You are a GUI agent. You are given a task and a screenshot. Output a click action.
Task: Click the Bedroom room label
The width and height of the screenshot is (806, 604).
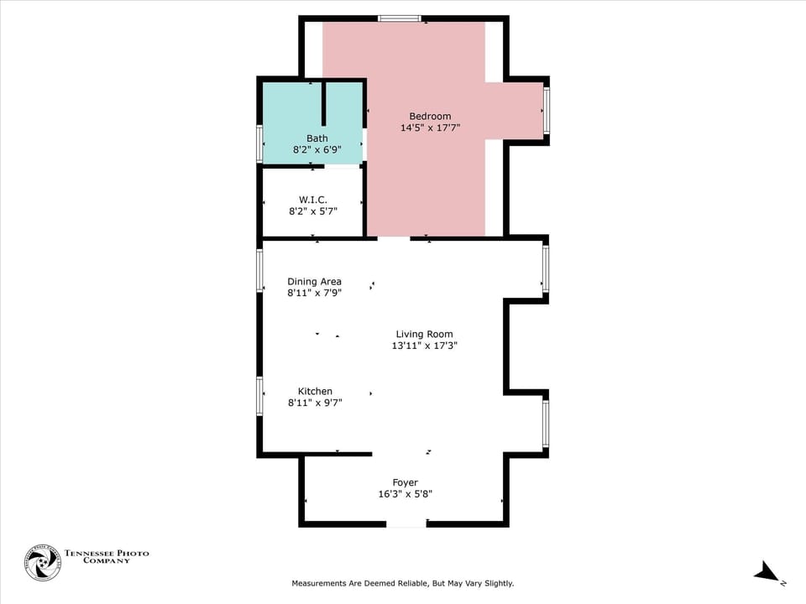coord(430,117)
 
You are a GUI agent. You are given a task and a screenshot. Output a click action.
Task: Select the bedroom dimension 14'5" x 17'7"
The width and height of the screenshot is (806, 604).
coord(430,128)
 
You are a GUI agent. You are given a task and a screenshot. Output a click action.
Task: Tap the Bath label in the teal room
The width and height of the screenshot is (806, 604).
coord(317,138)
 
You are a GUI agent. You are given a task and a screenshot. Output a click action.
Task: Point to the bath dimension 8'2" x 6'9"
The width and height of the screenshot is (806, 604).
coord(317,150)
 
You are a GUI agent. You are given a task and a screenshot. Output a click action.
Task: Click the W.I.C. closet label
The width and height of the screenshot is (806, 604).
coord(312,200)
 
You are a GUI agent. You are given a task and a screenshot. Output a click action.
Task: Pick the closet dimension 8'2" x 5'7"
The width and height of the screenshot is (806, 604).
coord(312,211)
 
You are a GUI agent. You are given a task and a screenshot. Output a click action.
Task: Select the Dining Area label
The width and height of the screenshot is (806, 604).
coord(314,282)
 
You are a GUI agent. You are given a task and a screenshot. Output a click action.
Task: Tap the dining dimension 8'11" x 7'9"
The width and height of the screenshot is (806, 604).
coord(314,294)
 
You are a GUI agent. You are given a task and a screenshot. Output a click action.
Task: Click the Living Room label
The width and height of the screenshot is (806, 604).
coord(424,334)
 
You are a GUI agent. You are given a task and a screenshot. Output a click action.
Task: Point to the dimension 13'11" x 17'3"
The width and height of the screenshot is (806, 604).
coord(424,346)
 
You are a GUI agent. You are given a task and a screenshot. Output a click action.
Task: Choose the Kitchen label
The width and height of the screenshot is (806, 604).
coord(315,391)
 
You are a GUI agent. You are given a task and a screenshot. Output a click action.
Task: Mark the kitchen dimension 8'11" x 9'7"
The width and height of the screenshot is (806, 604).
coord(315,403)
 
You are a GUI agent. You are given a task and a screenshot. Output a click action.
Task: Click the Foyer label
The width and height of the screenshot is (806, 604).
coord(405,482)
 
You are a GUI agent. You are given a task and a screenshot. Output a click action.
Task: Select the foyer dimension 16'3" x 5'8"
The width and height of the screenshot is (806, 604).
coord(405,494)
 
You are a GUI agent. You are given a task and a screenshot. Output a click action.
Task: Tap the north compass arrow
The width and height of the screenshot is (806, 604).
coord(767,573)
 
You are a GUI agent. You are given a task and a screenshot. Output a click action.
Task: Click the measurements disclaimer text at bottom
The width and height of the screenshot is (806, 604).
coord(402,583)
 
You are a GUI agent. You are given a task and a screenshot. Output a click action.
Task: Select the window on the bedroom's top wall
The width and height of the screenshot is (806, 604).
coord(399,18)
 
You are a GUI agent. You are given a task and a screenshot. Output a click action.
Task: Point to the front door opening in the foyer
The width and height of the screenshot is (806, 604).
coord(406,523)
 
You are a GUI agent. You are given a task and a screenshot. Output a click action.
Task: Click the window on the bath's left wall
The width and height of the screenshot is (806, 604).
coord(260,143)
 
